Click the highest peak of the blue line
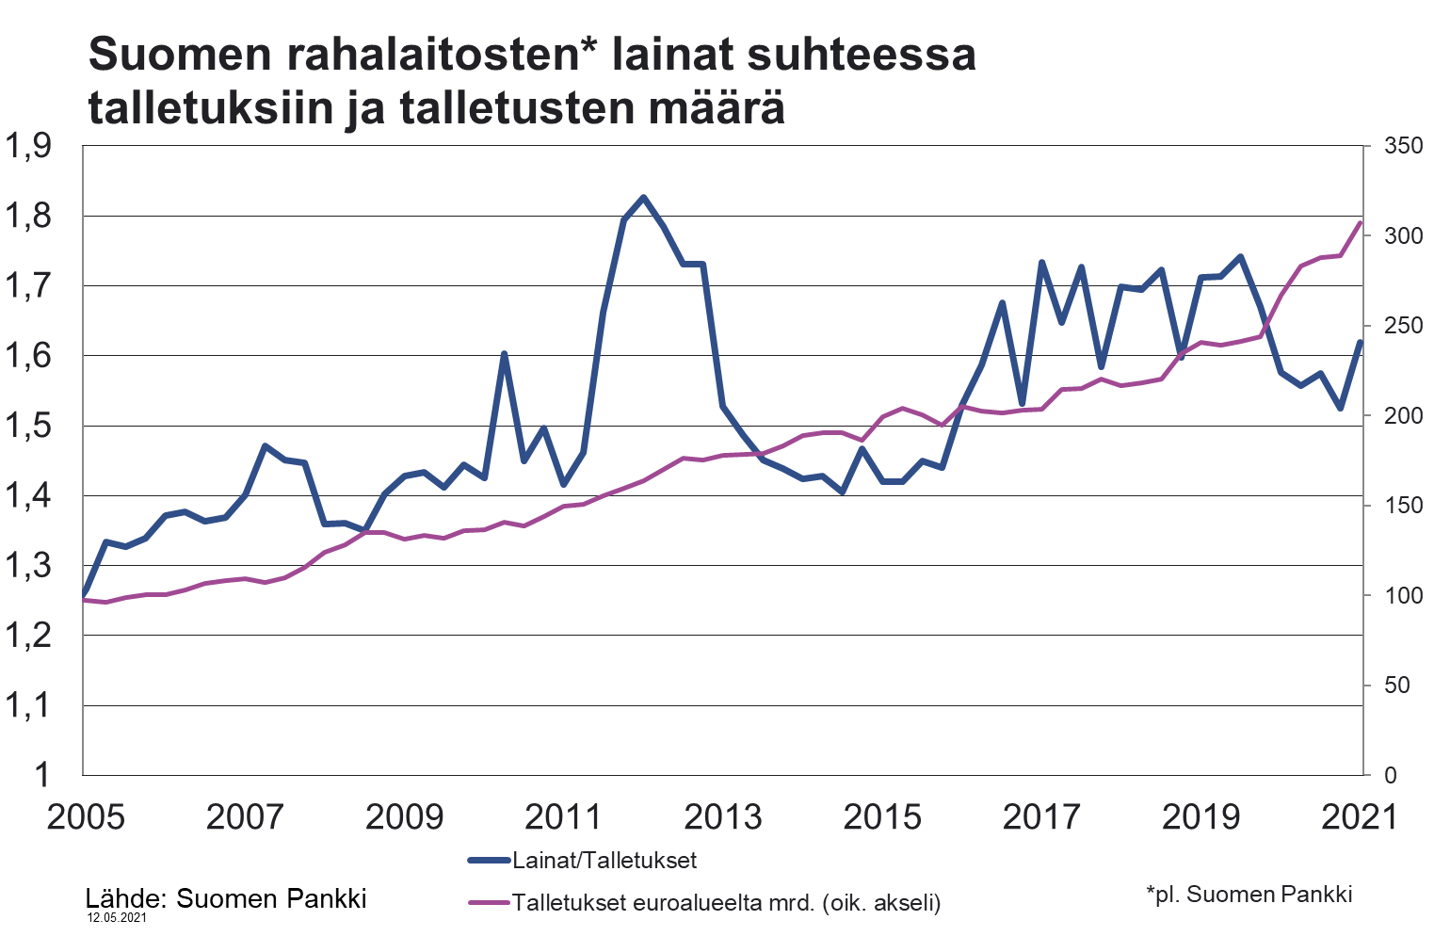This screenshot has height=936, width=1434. [x=643, y=198]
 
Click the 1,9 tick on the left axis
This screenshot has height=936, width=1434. [x=28, y=147]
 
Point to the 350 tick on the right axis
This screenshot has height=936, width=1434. [x=1403, y=147]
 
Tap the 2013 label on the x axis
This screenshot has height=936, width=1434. [x=722, y=816]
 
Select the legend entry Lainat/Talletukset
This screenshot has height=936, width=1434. [x=604, y=860]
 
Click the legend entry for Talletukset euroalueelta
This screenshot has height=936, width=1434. [x=725, y=903]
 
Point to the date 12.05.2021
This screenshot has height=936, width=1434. [x=117, y=917]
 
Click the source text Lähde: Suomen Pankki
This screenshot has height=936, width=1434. [x=226, y=898]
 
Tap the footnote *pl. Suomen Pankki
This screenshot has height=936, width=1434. [x=1249, y=894]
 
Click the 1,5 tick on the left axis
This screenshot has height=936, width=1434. [x=28, y=427]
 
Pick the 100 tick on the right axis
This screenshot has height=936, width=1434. [x=1403, y=596]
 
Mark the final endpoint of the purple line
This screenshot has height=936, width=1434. [x=1360, y=223]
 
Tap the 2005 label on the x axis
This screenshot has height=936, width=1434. [x=85, y=816]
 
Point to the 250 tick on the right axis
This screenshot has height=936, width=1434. [x=1403, y=327]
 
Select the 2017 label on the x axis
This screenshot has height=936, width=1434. [x=1040, y=816]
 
